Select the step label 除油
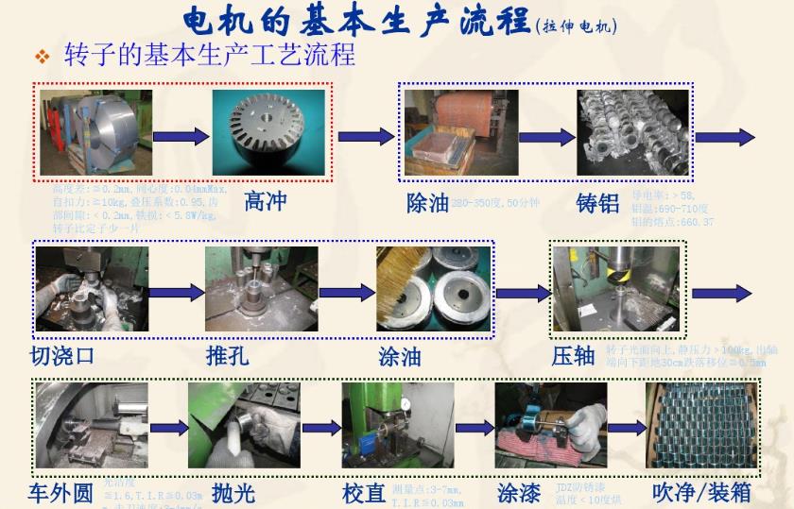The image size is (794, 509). [x=427, y=203]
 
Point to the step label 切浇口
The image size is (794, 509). [x=62, y=356]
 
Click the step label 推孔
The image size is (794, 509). [x=227, y=356]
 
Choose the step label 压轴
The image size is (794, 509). [x=573, y=356]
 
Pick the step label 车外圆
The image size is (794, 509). [x=61, y=493]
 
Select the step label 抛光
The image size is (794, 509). [x=233, y=493]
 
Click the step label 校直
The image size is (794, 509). [x=364, y=494]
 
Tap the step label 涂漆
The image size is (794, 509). [x=519, y=493]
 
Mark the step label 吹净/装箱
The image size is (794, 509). [x=701, y=492]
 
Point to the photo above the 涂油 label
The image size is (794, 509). [x=435, y=285]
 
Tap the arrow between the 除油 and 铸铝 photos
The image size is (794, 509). [x=547, y=138]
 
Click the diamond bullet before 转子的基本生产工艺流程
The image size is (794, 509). [x=42, y=58]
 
